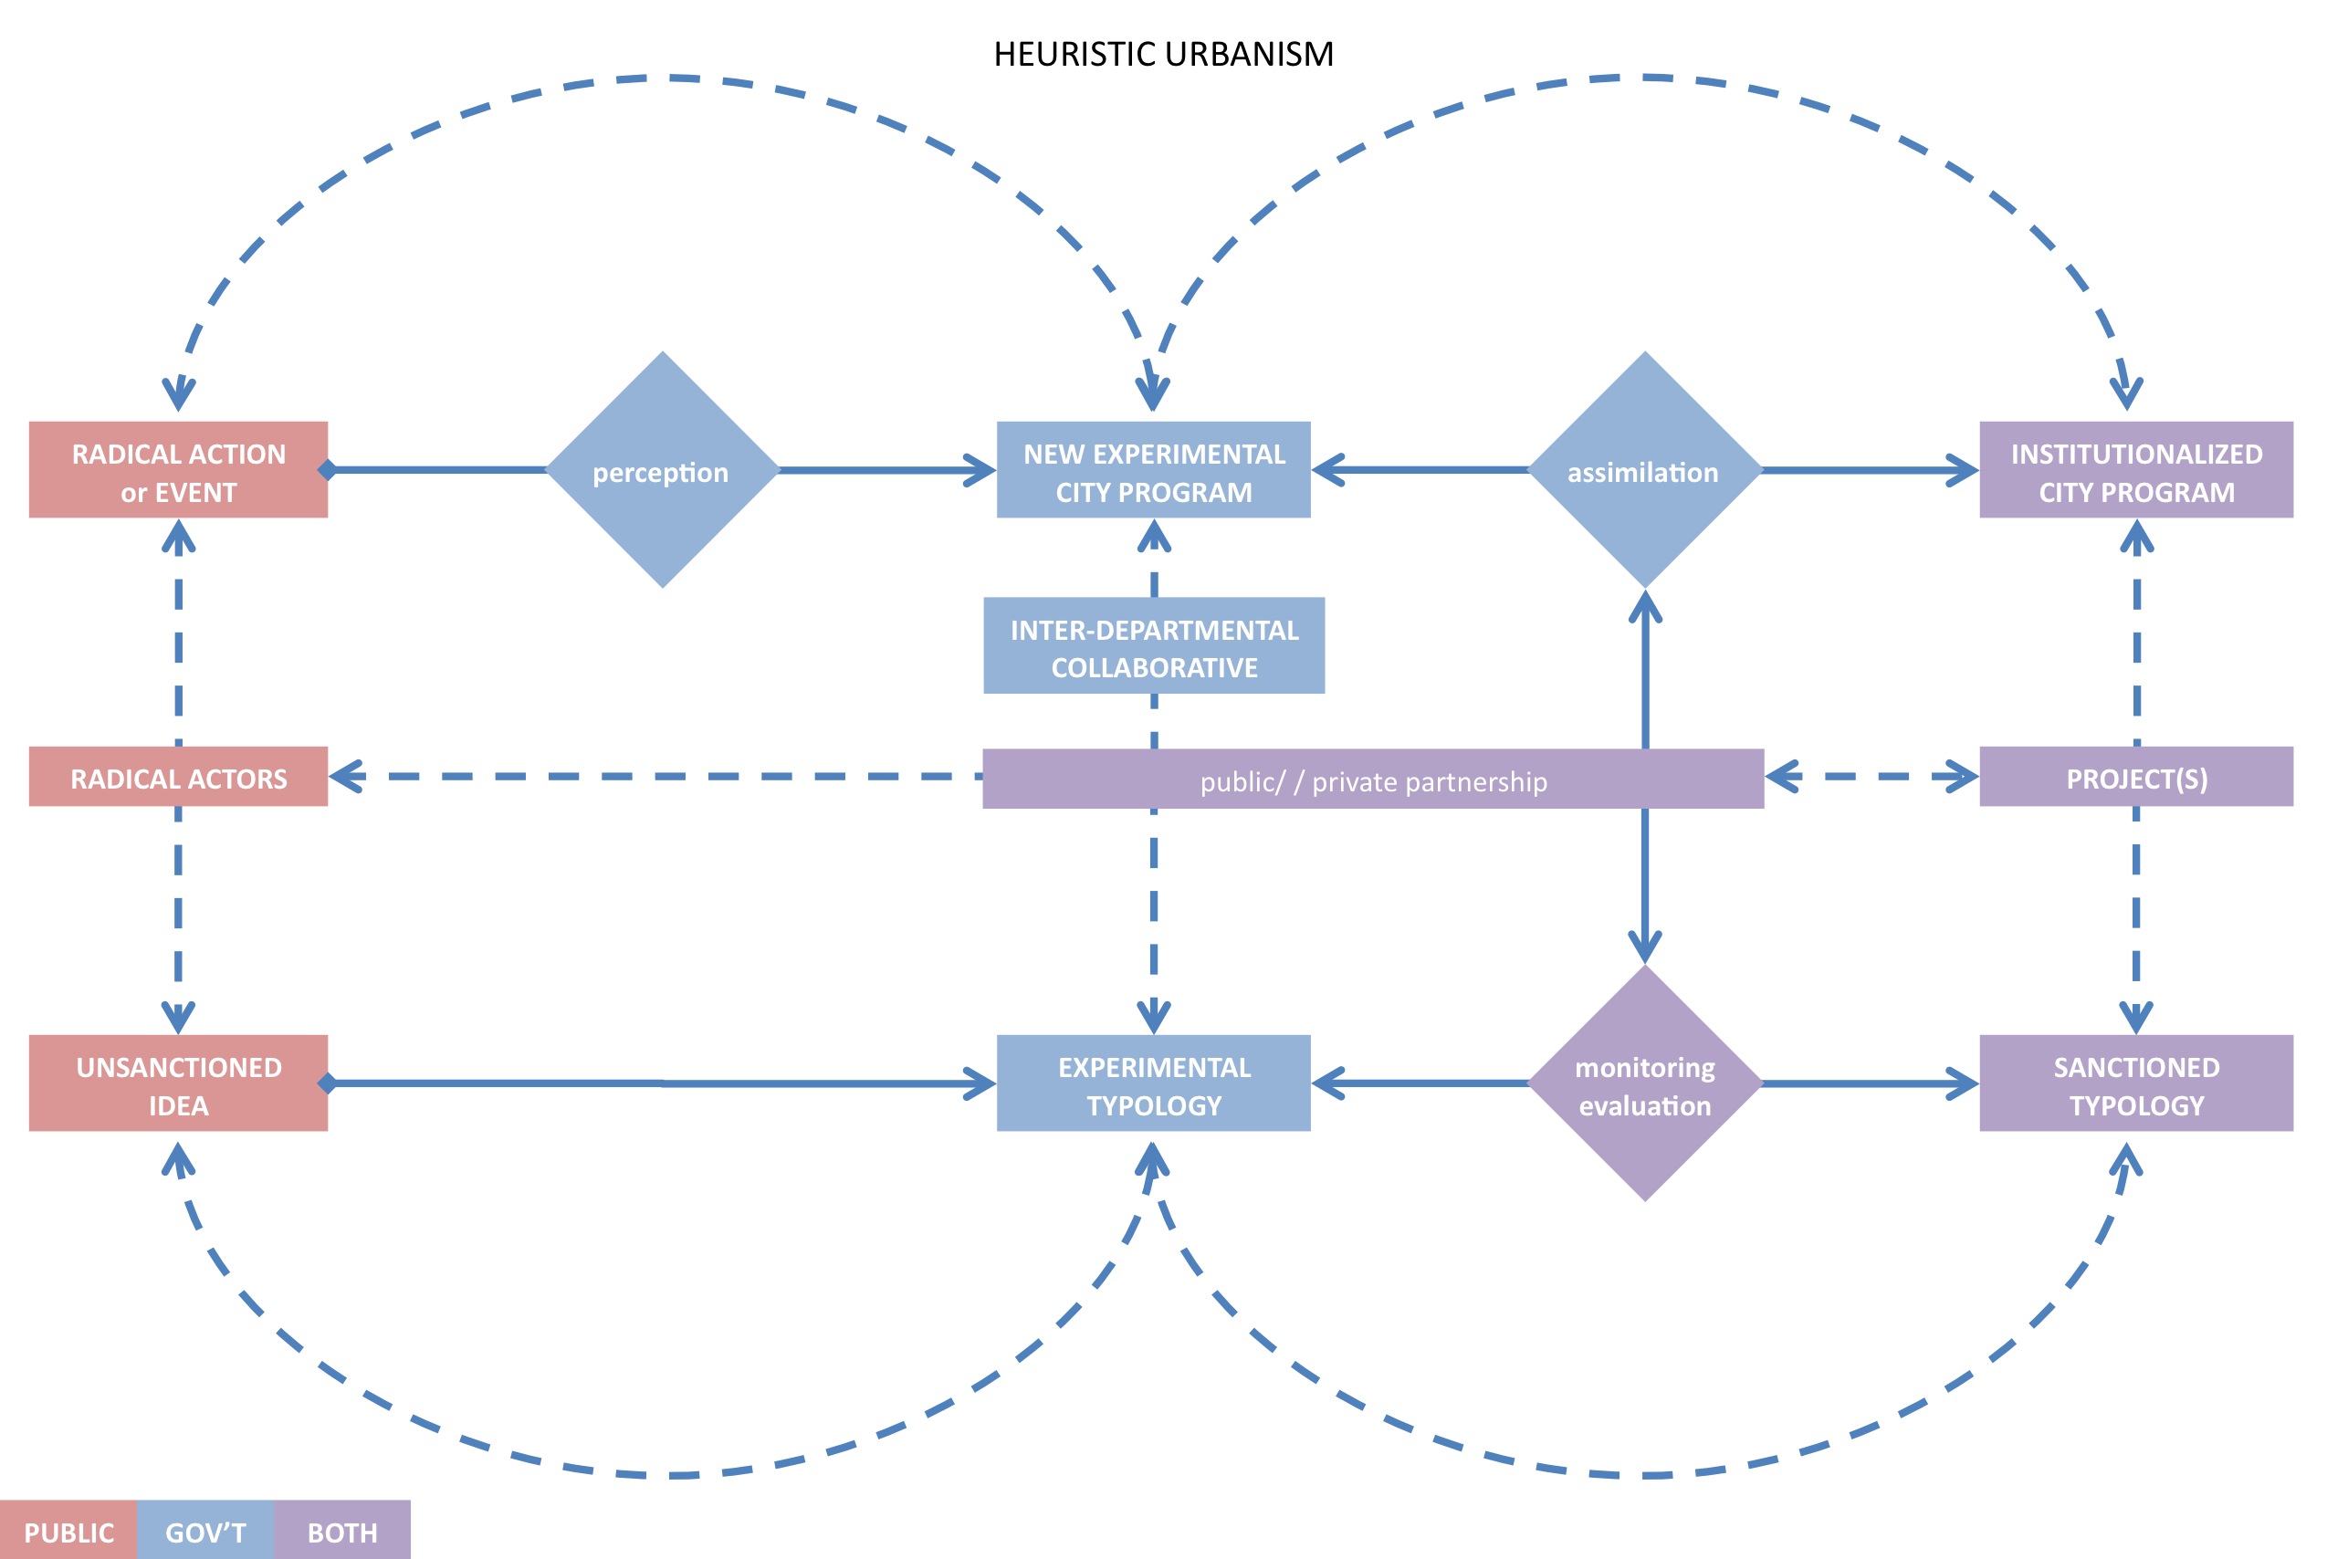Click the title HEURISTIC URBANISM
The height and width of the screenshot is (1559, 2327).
click(1162, 54)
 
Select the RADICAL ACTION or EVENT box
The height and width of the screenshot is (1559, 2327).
click(178, 470)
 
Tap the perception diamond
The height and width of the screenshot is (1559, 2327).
click(662, 470)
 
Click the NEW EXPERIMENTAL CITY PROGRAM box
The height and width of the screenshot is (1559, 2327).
click(1154, 470)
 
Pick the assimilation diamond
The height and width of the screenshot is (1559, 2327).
click(1644, 470)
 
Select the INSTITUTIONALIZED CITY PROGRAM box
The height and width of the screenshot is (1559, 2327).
click(2135, 470)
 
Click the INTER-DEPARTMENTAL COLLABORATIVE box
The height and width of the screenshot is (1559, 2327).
click(1154, 646)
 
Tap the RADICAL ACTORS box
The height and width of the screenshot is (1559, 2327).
click(178, 778)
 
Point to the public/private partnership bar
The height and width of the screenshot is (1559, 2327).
click(1372, 780)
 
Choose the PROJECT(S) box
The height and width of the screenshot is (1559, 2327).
click(2135, 778)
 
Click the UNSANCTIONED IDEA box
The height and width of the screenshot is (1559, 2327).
click(178, 1083)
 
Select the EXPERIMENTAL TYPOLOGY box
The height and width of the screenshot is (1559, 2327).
click(1154, 1083)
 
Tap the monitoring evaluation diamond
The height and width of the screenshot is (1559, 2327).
click(1644, 1083)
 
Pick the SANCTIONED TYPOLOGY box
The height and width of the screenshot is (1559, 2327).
click(2135, 1083)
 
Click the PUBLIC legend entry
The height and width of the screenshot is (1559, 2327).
click(68, 1533)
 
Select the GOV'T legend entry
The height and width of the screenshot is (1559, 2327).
click(204, 1533)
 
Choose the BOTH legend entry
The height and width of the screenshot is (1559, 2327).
click(342, 1533)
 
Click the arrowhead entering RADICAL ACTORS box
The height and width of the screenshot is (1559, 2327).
click(345, 777)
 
